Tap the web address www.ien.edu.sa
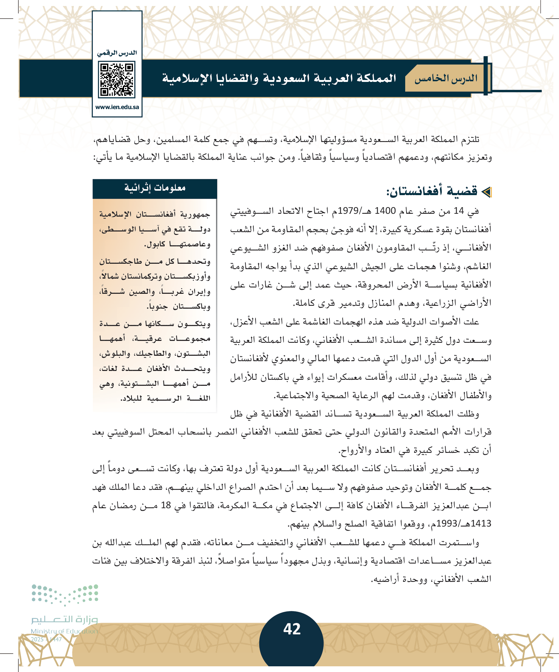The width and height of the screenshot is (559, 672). (x=117, y=107)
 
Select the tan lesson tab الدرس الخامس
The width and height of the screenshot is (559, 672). (x=446, y=78)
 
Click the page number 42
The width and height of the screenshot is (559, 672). (x=292, y=629)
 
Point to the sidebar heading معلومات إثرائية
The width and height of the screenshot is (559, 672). (x=155, y=188)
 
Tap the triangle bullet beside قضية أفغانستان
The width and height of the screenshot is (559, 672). (x=486, y=192)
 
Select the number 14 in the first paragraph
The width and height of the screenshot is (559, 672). (x=458, y=211)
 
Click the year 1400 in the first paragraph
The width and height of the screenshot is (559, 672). (x=385, y=211)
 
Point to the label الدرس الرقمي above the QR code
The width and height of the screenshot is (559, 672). (x=117, y=53)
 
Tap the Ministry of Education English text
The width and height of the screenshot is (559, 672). (x=64, y=631)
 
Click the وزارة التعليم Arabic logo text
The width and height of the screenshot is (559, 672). (x=64, y=620)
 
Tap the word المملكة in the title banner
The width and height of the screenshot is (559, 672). (x=373, y=78)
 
